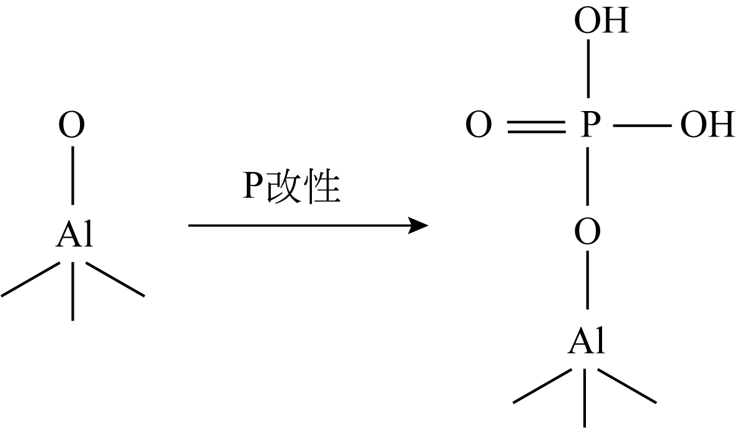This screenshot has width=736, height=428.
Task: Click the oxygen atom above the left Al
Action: coord(72,127)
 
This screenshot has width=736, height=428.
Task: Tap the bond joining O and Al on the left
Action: coord(73,175)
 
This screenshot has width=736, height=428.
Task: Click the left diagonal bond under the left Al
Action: coord(30,279)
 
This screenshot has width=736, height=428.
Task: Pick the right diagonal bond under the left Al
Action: coord(115,279)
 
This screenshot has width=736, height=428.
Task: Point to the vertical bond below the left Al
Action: coord(73,292)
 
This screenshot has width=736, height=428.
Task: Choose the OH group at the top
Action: coord(601,22)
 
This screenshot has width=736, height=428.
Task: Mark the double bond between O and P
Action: coord(535,127)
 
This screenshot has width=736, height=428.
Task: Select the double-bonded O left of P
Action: coord(478,127)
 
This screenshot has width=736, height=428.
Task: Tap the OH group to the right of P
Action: coord(707,127)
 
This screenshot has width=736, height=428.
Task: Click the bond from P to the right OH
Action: coord(642,127)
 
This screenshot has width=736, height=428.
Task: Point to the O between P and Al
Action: coord(587,234)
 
